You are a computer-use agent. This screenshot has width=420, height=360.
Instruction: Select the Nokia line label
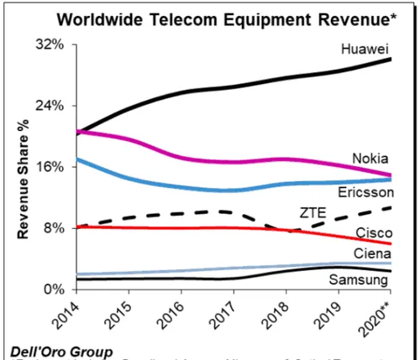pyautogui.click(x=370, y=158)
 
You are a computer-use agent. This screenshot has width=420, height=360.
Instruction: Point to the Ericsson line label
pyautogui.click(x=365, y=193)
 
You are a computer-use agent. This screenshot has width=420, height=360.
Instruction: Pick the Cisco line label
pyautogui.click(x=371, y=232)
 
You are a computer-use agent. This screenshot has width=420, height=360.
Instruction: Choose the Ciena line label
pyautogui.click(x=370, y=253)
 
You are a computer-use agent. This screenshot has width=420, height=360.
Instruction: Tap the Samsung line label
pyautogui.click(x=363, y=279)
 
